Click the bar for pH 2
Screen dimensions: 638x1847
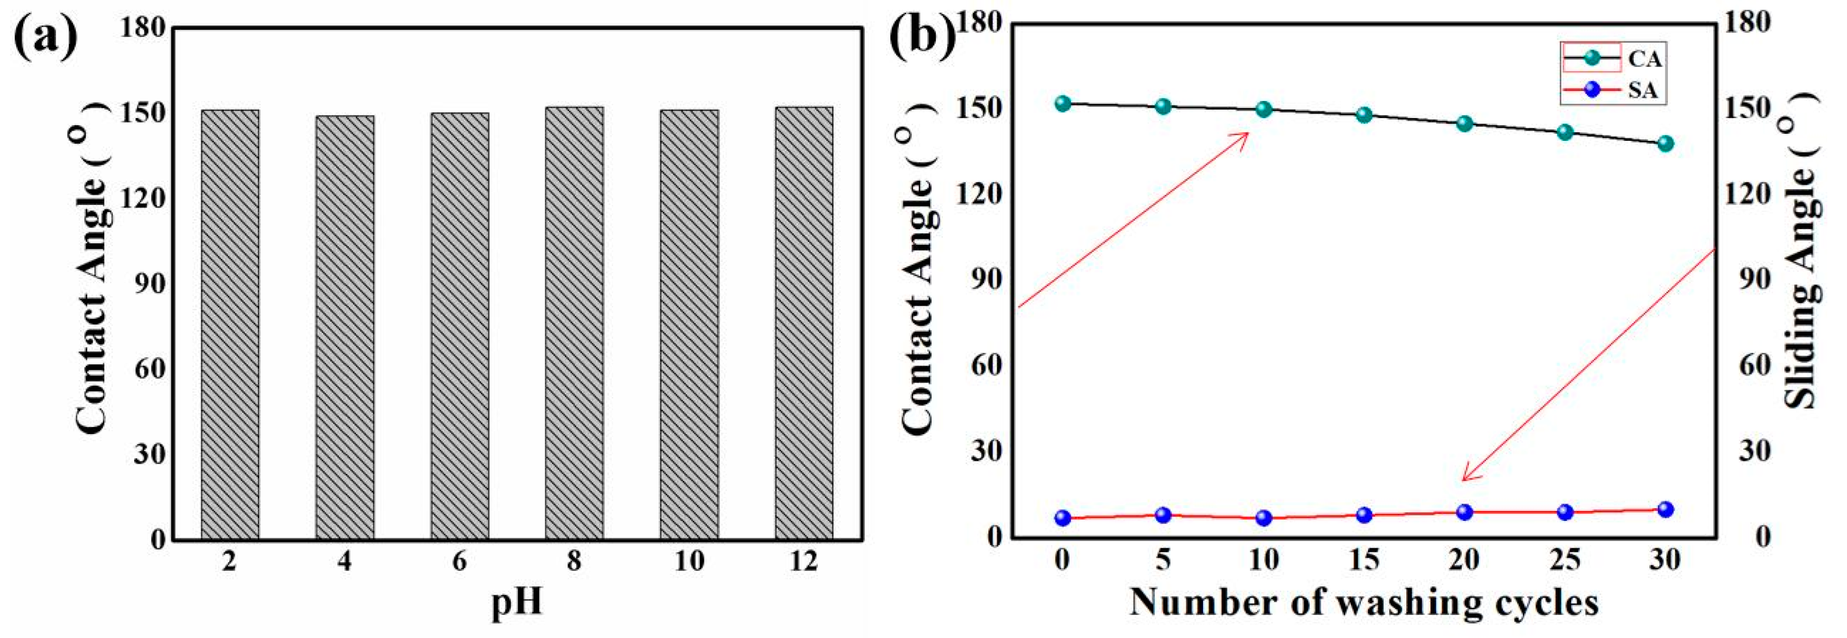tap(230, 325)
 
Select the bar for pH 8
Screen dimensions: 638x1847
tap(574, 323)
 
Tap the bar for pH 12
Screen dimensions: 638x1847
tap(804, 323)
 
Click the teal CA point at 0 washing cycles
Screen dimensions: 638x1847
tap(1062, 103)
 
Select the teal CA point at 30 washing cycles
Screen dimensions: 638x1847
tap(1665, 143)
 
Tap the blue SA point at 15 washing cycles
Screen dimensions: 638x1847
tap(1364, 514)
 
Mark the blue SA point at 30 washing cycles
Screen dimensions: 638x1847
tap(1665, 509)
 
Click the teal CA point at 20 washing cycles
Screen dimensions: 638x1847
tap(1465, 124)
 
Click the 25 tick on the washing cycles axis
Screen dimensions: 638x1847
tap(1565, 560)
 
